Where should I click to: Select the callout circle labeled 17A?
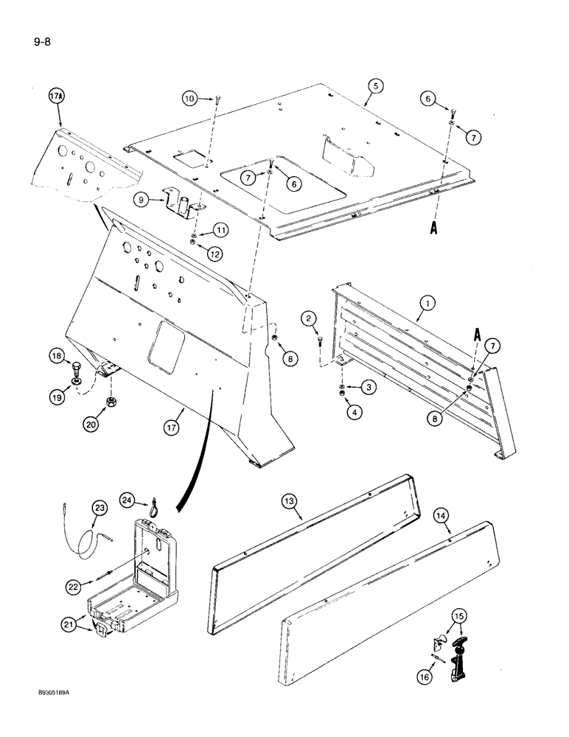coord(57,97)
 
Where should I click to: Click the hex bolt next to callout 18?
coord(77,366)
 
